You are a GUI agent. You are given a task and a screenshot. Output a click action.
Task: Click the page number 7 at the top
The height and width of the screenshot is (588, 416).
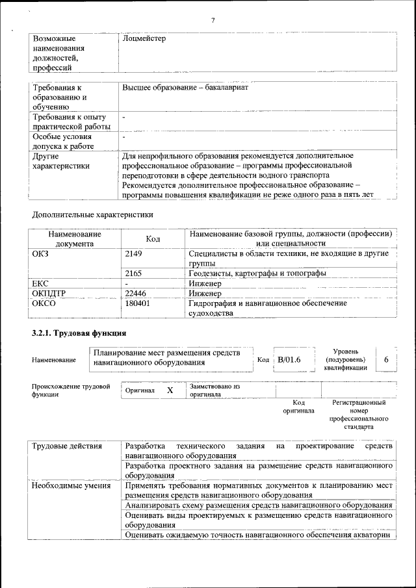(213, 20)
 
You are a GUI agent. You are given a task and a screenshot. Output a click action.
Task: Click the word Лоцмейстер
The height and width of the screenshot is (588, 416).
(144, 39)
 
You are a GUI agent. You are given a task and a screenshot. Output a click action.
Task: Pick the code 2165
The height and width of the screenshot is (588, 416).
(133, 274)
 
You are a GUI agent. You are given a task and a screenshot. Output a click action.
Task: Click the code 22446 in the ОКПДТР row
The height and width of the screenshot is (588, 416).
(135, 293)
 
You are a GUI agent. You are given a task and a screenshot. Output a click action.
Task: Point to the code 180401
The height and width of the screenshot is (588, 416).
(137, 303)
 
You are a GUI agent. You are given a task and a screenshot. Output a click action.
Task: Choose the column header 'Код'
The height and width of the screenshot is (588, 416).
(153, 239)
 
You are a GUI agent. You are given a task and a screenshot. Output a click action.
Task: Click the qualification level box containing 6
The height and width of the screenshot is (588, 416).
(386, 359)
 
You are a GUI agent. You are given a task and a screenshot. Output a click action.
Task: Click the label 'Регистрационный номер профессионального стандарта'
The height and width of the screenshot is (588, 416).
(359, 415)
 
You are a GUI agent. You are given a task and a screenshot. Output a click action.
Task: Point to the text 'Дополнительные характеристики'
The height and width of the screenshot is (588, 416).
(92, 214)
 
